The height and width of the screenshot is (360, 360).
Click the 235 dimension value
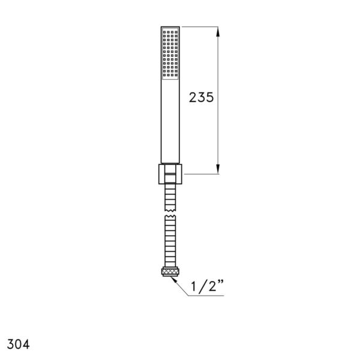[x=202, y=97]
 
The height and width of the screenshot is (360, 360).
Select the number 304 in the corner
[x=19, y=344]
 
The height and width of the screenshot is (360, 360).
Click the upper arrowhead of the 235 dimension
[x=218, y=32]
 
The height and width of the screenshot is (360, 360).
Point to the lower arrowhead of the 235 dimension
[x=218, y=169]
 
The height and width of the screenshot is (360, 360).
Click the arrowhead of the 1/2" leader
[x=173, y=280]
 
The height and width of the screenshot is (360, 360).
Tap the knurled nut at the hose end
[x=170, y=272]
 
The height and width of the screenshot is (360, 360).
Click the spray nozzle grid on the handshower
[x=170, y=54]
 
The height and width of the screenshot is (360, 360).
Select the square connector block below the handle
[x=170, y=174]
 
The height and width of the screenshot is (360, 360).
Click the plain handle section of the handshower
[x=170, y=121]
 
